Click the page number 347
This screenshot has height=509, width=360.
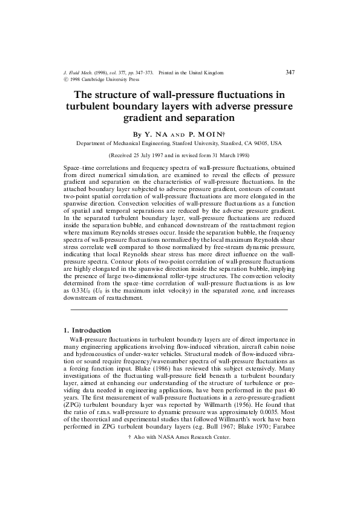pyautogui.click(x=289, y=72)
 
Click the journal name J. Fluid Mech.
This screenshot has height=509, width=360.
pyautogui.click(x=78, y=73)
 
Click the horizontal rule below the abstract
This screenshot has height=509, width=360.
pyautogui.click(x=179, y=310)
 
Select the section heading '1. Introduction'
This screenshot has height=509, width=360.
pyautogui.click(x=87, y=330)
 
